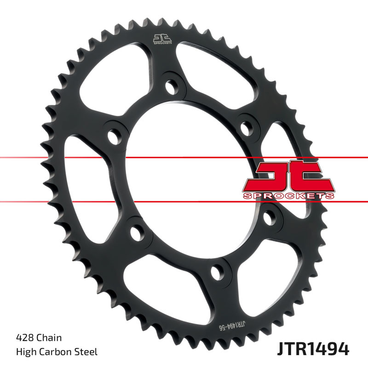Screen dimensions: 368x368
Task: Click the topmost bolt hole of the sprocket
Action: pyautogui.click(x=171, y=86)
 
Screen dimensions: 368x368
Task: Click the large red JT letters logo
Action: pyautogui.click(x=288, y=176)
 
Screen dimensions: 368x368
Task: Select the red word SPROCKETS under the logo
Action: pyautogui.click(x=288, y=196)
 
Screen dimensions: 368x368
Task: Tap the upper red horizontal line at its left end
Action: pyautogui.click(x=2, y=158)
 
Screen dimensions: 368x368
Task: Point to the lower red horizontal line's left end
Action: pyautogui.click(x=2, y=201)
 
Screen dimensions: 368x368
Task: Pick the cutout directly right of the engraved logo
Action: pyautogui.click(x=212, y=69)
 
